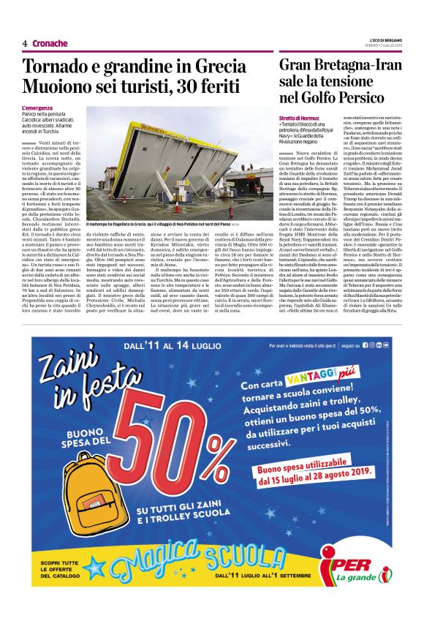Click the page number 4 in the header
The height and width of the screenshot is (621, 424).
(x=24, y=43)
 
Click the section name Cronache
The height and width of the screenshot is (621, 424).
(x=50, y=43)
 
